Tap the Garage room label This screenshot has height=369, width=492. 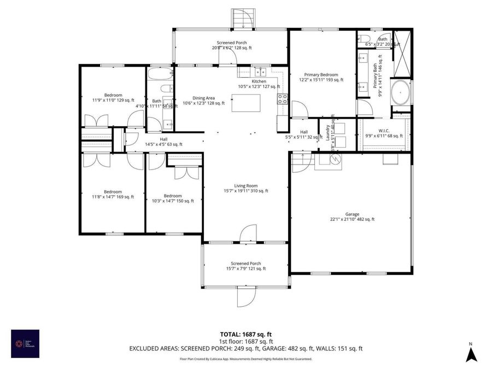[352, 217]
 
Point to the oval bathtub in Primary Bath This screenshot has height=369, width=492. [401, 92]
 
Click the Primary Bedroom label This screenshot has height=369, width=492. [321, 77]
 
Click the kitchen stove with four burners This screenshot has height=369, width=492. [282, 99]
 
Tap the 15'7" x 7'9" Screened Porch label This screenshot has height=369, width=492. [246, 266]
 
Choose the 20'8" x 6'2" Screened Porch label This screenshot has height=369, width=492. [232, 45]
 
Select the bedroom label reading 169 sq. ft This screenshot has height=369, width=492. [113, 194]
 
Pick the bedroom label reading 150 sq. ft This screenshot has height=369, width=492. [172, 198]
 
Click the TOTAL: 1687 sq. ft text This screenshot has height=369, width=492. [245, 334]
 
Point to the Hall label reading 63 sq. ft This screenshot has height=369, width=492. [163, 142]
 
